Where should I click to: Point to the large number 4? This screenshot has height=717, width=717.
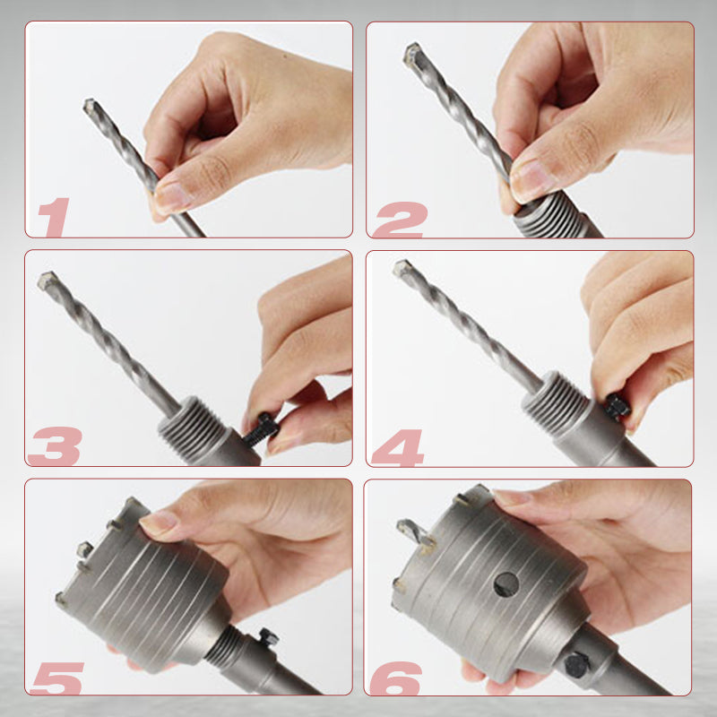[400, 446]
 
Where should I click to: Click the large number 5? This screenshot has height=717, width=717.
[56, 677]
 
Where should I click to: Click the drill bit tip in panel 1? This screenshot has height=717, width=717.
[90, 106]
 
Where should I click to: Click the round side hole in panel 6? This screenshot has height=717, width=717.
[506, 584]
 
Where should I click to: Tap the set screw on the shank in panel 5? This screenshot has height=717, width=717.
[267, 638]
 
